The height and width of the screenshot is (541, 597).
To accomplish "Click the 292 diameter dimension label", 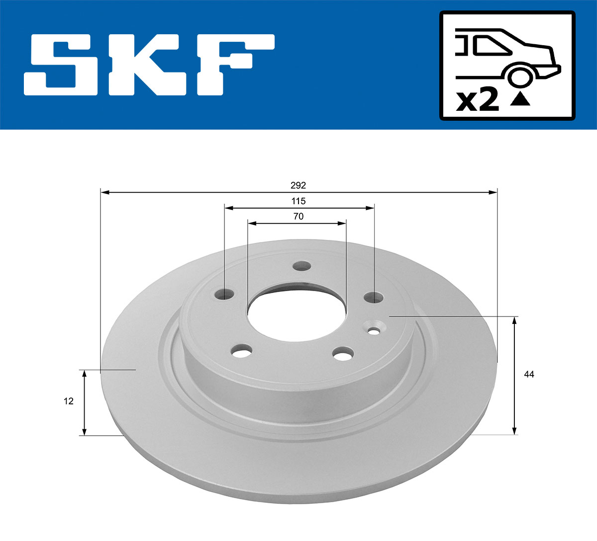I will click(x=298, y=185).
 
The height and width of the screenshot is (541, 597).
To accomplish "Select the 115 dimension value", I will click(x=298, y=201).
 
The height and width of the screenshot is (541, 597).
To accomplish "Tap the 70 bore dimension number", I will click(x=298, y=216).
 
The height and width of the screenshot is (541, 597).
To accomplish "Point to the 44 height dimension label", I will click(x=529, y=374).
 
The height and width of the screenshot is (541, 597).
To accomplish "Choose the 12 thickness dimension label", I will click(x=69, y=401).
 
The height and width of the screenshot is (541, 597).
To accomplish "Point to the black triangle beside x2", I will click(x=520, y=99).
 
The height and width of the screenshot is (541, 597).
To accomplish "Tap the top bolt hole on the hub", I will click(x=300, y=266).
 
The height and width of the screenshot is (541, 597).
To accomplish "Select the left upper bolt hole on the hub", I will click(x=225, y=295).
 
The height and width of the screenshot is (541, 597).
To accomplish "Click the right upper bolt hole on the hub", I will click(x=374, y=298).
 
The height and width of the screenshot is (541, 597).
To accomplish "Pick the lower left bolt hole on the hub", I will click(x=241, y=352).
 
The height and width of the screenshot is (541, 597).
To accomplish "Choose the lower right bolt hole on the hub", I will click(x=343, y=354).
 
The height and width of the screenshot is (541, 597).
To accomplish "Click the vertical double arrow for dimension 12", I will click(x=85, y=402).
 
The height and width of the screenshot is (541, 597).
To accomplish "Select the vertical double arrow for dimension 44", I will click(x=514, y=375).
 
